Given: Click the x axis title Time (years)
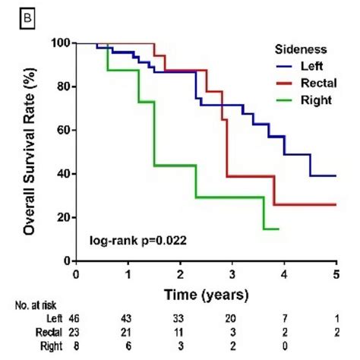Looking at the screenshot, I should [205, 292].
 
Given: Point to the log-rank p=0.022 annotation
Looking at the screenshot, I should [136, 242].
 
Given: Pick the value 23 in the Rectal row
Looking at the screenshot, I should [75, 332].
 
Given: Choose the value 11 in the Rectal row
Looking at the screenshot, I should [179, 332].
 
